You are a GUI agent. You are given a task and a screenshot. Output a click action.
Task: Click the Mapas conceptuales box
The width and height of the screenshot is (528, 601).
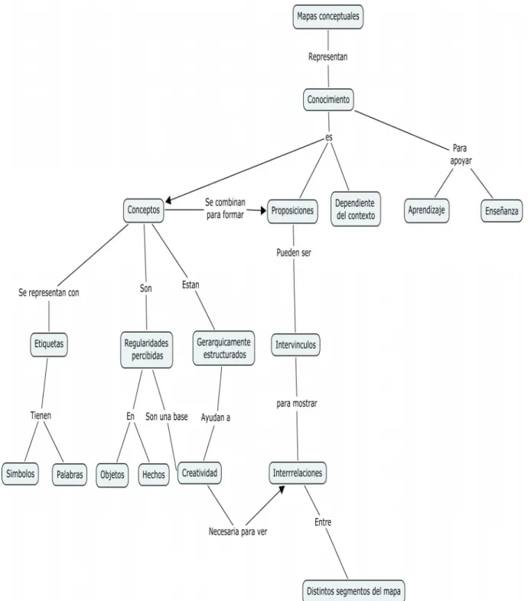[328, 17]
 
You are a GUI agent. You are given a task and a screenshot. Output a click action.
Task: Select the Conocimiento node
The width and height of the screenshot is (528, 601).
[328, 99]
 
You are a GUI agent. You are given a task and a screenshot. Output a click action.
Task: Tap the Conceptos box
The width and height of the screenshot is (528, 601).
[144, 210]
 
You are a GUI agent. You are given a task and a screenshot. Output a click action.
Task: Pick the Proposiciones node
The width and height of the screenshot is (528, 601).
[292, 211]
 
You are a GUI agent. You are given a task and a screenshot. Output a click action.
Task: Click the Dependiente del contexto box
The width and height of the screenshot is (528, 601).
[355, 209]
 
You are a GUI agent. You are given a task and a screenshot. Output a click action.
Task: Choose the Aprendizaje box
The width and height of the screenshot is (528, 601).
[426, 210]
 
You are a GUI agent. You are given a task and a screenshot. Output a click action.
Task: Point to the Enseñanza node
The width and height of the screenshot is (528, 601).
[501, 211]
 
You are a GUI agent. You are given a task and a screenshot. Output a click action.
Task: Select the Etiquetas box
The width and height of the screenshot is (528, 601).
[49, 344]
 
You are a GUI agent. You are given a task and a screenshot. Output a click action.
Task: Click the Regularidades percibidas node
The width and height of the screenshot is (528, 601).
[147, 349]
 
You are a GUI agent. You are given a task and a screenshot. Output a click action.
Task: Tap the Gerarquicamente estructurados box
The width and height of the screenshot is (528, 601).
[223, 348]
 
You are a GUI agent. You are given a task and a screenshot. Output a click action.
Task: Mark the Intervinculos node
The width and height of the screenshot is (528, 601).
[295, 345]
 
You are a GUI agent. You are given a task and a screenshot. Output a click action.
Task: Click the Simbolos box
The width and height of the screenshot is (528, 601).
[21, 474]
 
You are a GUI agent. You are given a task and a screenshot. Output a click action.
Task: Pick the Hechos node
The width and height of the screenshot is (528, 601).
[154, 475]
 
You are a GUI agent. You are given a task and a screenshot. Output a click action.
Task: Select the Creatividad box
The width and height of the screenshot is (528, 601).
[200, 473]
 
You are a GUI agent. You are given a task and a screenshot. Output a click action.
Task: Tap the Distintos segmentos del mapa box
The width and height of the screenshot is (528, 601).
[354, 590]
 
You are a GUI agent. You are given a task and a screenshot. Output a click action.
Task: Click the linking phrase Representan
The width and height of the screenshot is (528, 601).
[328, 57]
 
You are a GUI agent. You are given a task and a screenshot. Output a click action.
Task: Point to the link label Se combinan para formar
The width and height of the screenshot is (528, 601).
[225, 209]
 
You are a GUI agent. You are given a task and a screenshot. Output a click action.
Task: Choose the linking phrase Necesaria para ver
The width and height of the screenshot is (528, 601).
[238, 531]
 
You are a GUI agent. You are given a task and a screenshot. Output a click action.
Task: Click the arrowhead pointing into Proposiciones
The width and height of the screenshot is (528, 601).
[263, 210]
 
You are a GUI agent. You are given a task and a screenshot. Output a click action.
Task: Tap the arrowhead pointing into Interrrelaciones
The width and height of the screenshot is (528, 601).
[282, 489]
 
